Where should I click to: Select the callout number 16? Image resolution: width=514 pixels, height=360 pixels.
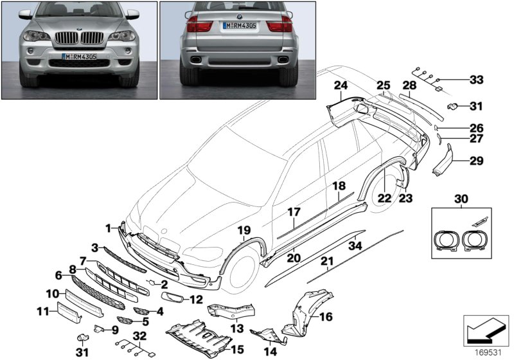(326, 317)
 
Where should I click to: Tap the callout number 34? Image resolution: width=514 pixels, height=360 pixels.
(354, 244)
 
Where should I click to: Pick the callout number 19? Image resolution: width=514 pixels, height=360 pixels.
(244, 231)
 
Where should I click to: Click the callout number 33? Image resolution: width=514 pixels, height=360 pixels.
(475, 80)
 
